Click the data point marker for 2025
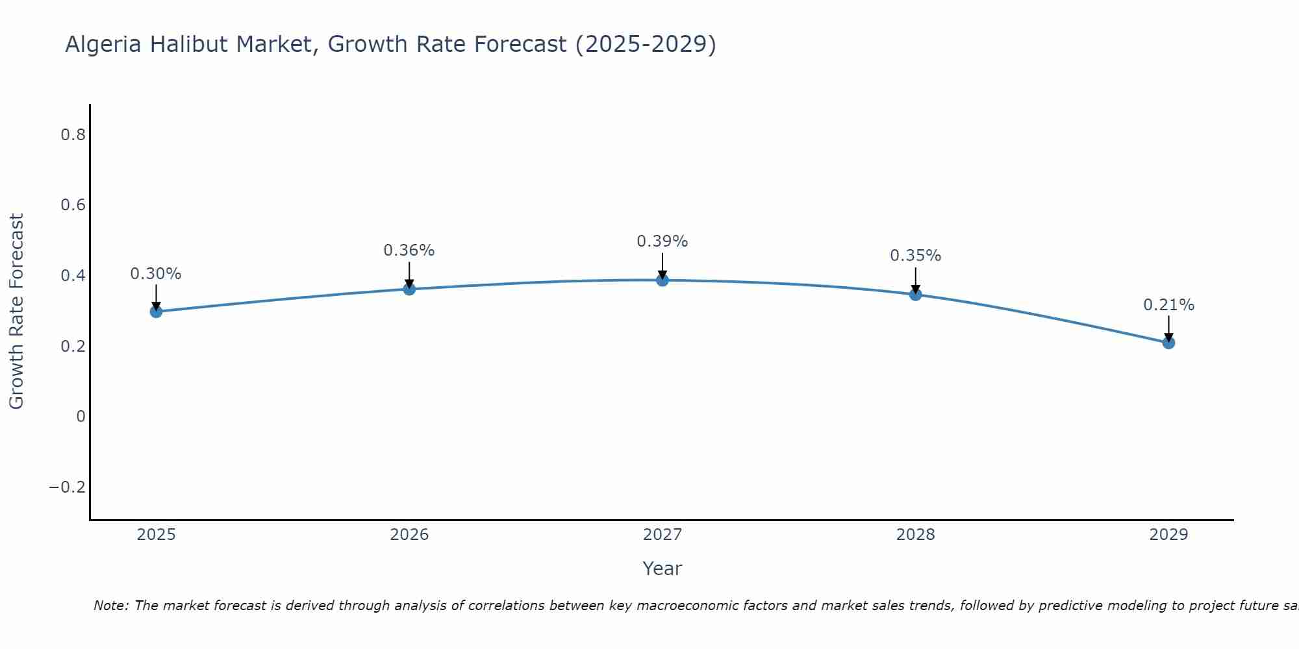click(x=156, y=312)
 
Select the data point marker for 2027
click(x=662, y=280)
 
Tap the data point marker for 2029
click(x=1168, y=343)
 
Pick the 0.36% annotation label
click(x=409, y=251)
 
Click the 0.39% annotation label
click(x=662, y=241)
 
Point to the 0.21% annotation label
click(x=1168, y=305)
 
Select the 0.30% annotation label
click(x=156, y=274)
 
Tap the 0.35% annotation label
click(x=915, y=256)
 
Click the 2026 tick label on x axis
click(x=409, y=535)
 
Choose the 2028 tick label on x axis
click(x=915, y=535)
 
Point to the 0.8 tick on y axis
click(x=73, y=135)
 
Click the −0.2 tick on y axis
click(x=67, y=487)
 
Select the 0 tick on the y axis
click(x=81, y=417)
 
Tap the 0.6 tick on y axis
click(x=73, y=205)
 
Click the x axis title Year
click(x=662, y=569)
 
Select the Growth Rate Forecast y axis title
click(x=16, y=312)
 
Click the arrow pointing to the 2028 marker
click(x=915, y=280)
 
